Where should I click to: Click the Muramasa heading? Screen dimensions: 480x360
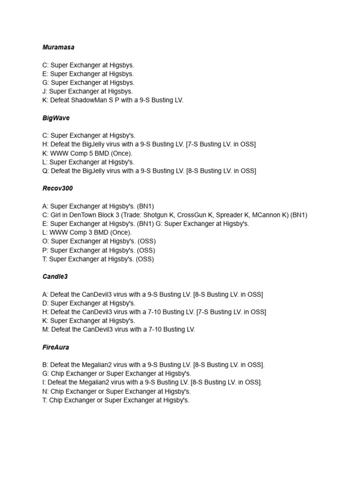pos(58,47)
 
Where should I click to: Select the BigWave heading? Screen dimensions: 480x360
pos(56,118)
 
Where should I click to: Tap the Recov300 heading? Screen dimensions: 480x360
pos(57,188)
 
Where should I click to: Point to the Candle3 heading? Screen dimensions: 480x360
pos(55,277)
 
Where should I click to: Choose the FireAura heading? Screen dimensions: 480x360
pos(56,347)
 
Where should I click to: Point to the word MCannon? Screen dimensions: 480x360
pos(267,215)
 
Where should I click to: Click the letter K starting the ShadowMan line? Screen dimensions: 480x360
pos(45,100)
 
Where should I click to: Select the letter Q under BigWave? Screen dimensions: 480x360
pos(45,171)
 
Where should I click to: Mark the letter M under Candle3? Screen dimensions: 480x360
pos(45,330)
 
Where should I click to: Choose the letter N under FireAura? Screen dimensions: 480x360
pos(45,391)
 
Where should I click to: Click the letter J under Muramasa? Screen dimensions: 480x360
pos(44,91)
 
